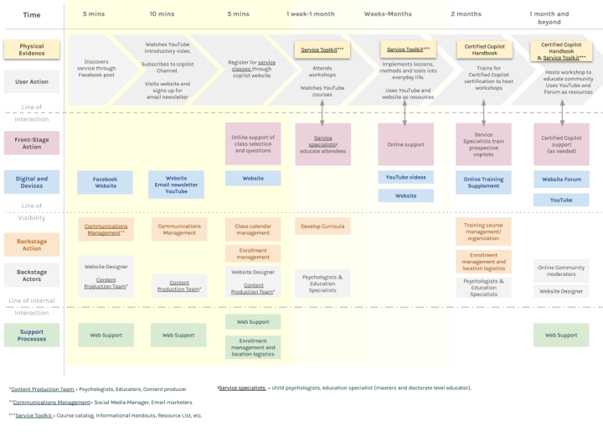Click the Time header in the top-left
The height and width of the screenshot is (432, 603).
point(31,14)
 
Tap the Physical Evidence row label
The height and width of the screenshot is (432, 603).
point(32,49)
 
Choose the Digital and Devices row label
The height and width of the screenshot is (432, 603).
point(32,183)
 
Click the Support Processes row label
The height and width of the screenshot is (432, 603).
point(32,335)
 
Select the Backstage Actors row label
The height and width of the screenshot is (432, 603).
point(32,277)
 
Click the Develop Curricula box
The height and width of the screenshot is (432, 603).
point(322,226)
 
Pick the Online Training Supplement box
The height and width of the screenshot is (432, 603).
point(483,183)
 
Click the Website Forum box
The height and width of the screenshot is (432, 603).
point(561,179)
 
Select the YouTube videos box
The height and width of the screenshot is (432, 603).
point(405,178)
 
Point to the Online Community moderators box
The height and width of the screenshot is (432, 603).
point(561,270)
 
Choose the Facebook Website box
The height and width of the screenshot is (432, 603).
point(106,182)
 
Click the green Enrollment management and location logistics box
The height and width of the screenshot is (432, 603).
point(252,346)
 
